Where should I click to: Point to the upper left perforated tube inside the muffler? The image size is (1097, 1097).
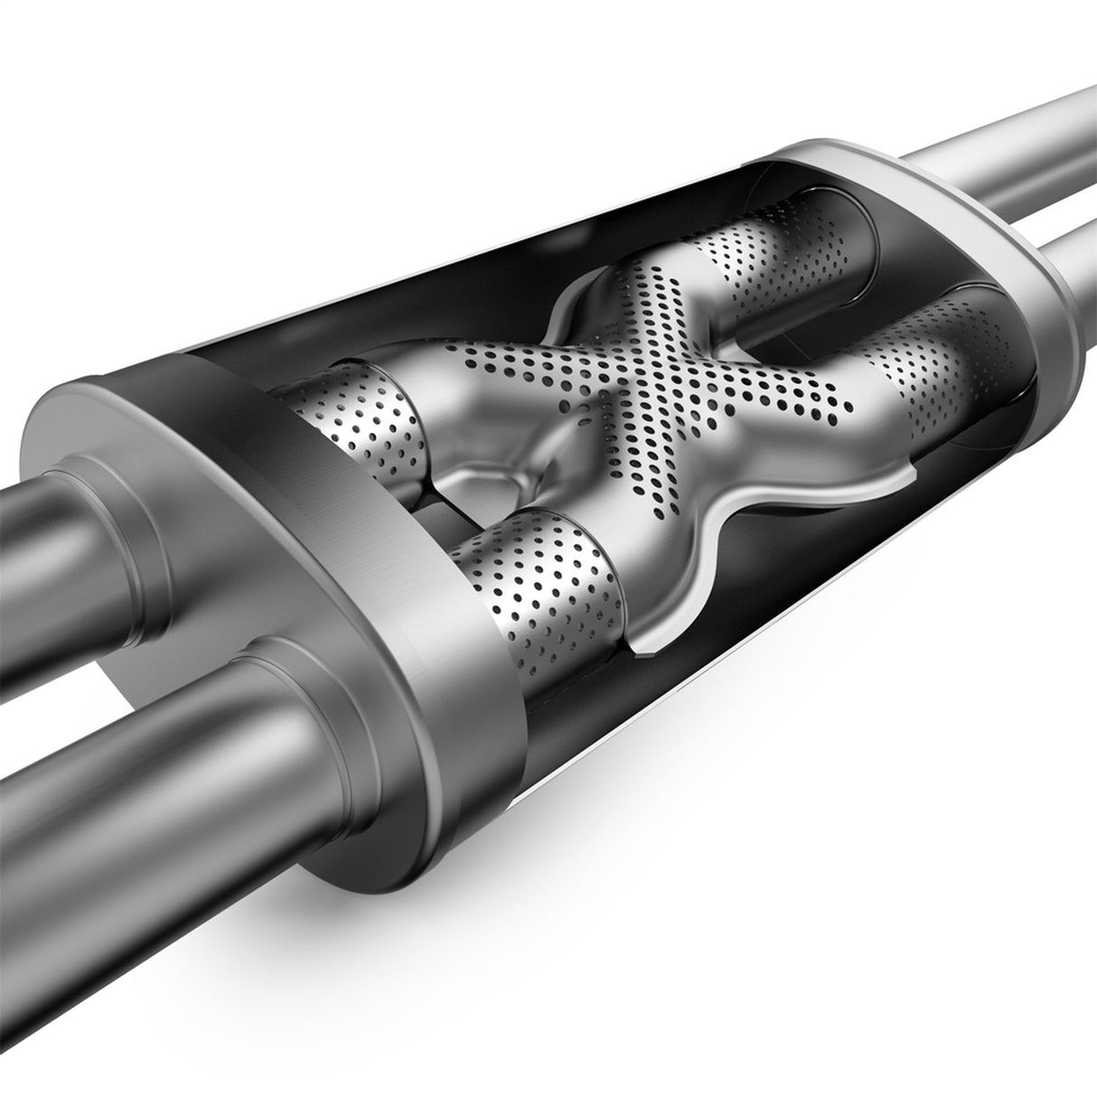point(361,416)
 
